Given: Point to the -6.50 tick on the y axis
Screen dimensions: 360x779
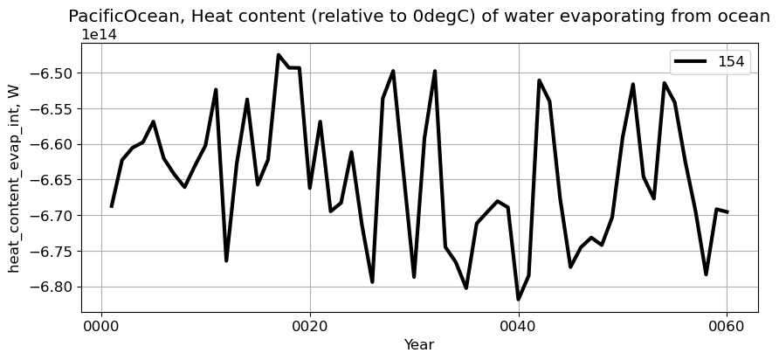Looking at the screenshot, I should tap(53, 73).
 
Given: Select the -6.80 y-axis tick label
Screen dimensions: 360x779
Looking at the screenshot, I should tap(53, 287).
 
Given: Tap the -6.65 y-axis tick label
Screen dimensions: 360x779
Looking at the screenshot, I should tap(53, 180).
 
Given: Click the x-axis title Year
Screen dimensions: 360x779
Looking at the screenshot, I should tap(418, 345).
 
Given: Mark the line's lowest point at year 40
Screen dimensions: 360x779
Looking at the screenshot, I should tap(519, 300).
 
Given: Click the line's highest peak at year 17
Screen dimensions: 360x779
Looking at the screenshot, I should tap(279, 55).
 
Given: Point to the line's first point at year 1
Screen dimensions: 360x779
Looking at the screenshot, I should tap(112, 206).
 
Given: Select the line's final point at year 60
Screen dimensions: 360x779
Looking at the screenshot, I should tap(727, 212).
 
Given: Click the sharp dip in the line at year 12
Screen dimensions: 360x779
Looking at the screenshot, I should tap(226, 260).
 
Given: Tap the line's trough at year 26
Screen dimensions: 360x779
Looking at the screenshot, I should tap(372, 281).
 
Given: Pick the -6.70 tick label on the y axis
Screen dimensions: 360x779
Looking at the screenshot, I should tap(53, 216).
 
